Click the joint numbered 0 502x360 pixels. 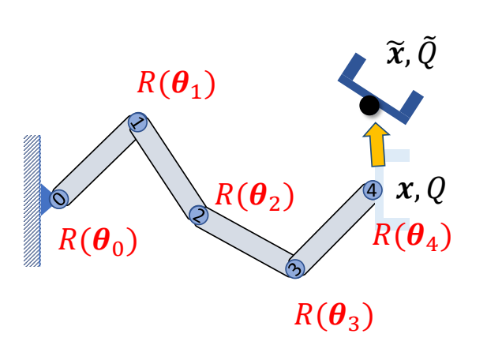59,198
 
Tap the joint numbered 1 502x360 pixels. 137,123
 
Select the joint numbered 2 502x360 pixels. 198,213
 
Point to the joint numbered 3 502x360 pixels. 294,268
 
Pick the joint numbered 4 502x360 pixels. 372,190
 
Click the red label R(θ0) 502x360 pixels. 98,241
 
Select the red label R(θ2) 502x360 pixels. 253,195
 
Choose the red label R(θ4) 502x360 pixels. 411,234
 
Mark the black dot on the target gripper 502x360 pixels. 367,105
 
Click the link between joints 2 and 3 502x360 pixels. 246,241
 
